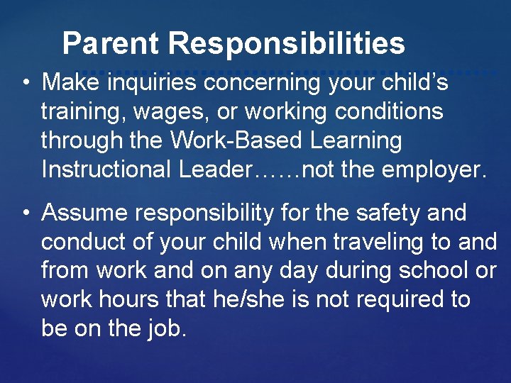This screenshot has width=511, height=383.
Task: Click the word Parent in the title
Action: pos(111,44)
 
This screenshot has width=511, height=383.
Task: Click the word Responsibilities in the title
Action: pos(287,44)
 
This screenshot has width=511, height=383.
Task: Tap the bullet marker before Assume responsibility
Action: pos(25,213)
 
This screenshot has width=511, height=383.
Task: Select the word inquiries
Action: pos(153,83)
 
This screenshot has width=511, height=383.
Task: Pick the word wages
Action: pos(165,112)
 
